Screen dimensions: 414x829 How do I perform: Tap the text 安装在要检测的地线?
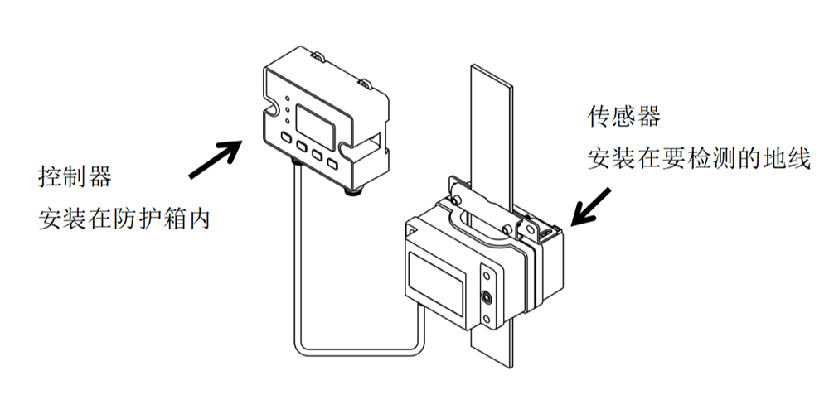(697, 158)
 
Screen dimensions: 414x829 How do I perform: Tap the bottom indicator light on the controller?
(287, 118)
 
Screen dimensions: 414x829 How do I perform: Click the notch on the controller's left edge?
(269, 109)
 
